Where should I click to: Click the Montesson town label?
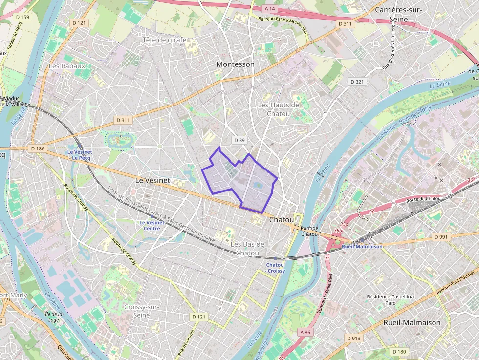(235, 64)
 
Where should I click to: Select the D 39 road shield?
(239, 140)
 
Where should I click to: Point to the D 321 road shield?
(357, 82)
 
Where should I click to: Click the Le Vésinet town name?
(152, 180)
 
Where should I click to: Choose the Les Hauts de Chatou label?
(278, 109)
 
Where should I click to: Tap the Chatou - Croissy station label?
(275, 267)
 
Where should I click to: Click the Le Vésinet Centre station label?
(152, 225)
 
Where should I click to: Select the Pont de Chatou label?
(309, 231)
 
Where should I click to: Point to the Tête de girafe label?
(164, 40)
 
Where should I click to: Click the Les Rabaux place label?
(67, 65)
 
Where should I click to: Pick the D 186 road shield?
(37, 148)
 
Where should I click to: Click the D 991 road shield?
(440, 237)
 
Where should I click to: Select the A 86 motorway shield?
(305, 332)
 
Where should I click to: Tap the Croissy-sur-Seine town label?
(142, 311)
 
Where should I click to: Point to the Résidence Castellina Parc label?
(390, 299)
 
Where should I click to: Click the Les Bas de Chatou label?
(247, 248)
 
